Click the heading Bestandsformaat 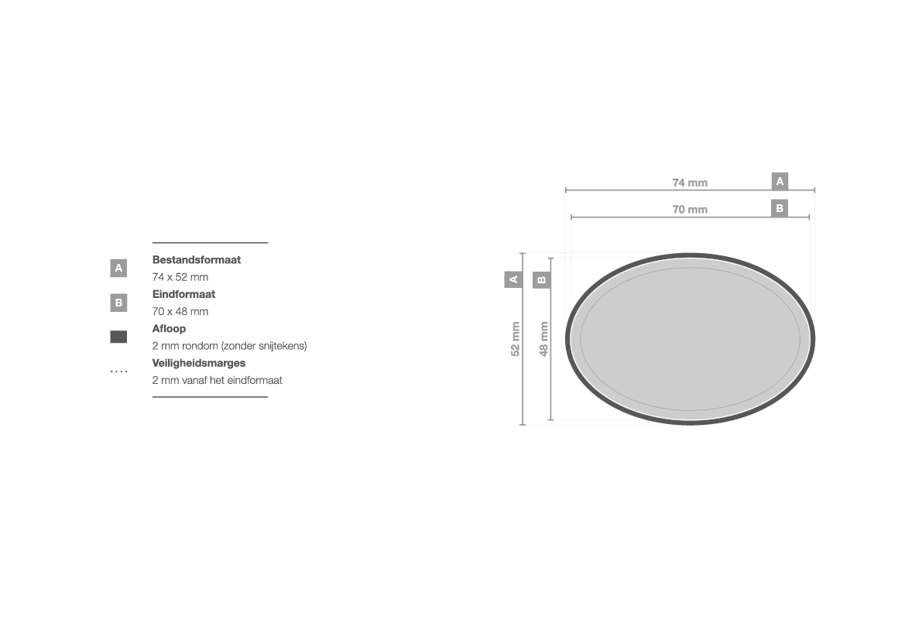(x=196, y=260)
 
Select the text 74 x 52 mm (x=180, y=277)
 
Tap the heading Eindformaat (x=183, y=294)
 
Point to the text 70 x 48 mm (x=180, y=312)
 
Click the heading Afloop (x=169, y=329)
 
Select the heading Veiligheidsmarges (x=198, y=364)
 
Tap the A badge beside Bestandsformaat (x=118, y=268)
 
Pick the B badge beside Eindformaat (x=118, y=303)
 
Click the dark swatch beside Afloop (x=118, y=337)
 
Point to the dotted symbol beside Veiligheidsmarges (x=118, y=371)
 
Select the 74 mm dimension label (x=690, y=183)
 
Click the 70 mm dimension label (x=690, y=210)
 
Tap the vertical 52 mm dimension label (x=516, y=339)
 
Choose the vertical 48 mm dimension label (x=543, y=339)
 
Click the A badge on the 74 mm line (x=780, y=181)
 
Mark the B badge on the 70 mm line (x=780, y=208)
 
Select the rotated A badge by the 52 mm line (x=513, y=280)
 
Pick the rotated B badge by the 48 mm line (x=541, y=280)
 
